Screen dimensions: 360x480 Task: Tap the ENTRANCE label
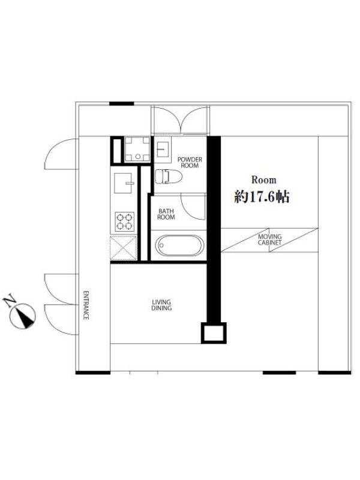(86, 305)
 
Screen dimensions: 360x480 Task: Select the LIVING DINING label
(161, 305)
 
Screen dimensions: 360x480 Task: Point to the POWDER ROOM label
(190, 163)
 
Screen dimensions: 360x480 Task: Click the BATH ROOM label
(166, 214)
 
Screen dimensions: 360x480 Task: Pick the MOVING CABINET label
(269, 239)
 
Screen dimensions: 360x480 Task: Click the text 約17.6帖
(262, 197)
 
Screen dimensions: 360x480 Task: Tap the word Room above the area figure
(264, 179)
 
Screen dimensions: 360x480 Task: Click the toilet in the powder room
(169, 176)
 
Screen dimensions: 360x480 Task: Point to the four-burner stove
(125, 221)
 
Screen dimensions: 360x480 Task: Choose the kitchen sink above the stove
(124, 183)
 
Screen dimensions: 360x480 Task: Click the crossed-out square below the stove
(124, 248)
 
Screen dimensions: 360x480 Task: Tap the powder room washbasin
(163, 149)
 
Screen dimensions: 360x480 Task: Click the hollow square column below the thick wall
(214, 333)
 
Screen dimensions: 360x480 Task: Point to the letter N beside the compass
(10, 302)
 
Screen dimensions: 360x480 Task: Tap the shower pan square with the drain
(137, 149)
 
